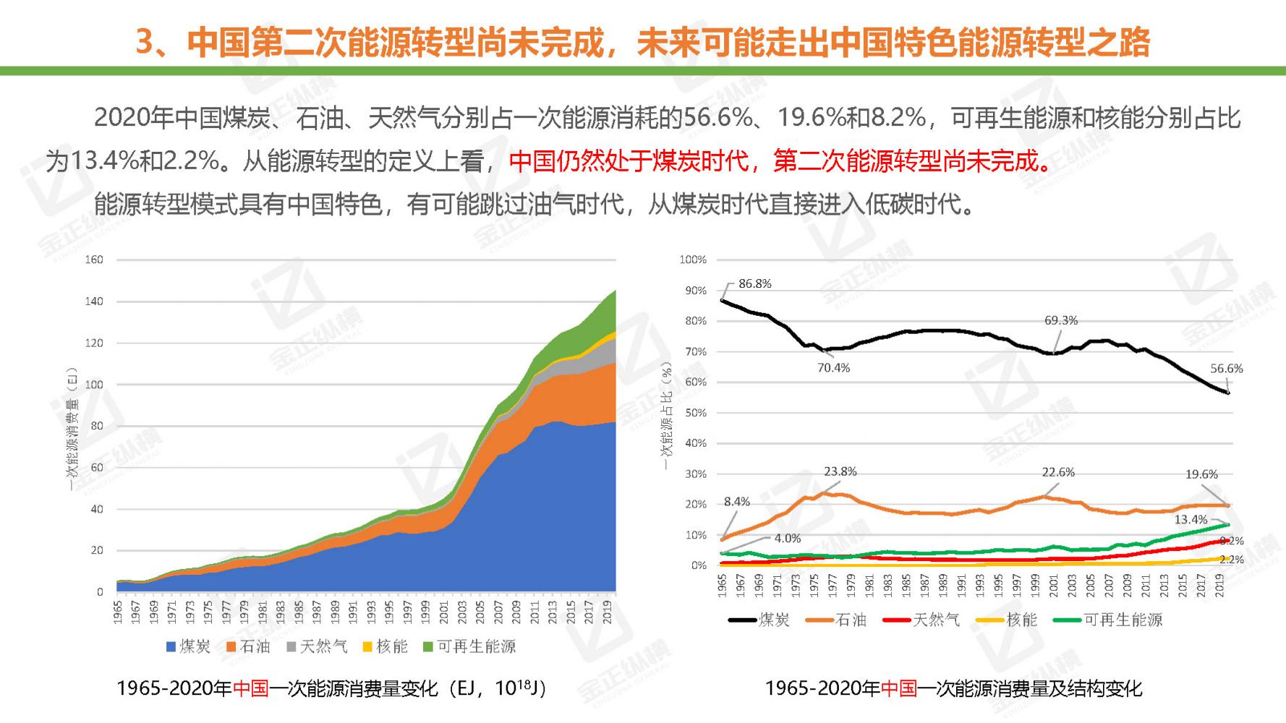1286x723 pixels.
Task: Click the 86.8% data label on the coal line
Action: [x=754, y=284]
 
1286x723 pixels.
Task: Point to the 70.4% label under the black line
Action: [x=833, y=368]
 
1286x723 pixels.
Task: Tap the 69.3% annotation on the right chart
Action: [x=1060, y=320]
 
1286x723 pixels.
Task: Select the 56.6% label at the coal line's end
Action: [x=1226, y=369]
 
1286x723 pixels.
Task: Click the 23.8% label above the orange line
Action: [x=840, y=471]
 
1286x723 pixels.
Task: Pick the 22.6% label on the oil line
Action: [x=1057, y=472]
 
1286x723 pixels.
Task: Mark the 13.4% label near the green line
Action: [x=1191, y=520]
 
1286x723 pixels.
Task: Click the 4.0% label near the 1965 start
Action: [x=787, y=539]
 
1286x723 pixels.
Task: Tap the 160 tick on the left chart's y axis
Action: [x=94, y=260]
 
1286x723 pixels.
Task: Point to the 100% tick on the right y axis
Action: [x=692, y=260]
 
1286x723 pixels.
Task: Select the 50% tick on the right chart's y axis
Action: [x=695, y=413]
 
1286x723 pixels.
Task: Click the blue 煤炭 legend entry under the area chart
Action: [x=188, y=646]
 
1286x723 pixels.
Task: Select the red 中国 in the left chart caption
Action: [x=250, y=688]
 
